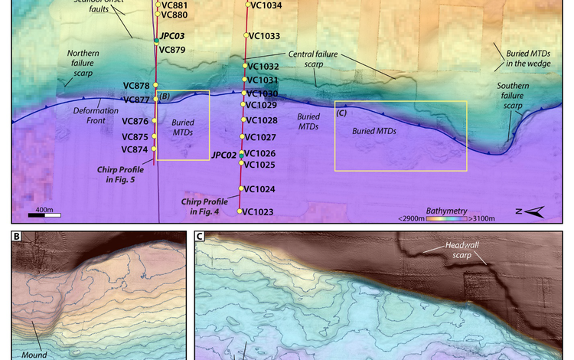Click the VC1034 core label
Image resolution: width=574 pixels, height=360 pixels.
(x=266, y=5)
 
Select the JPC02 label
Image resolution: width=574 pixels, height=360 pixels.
(x=224, y=155)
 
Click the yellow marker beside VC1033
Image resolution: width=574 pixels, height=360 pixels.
(x=246, y=35)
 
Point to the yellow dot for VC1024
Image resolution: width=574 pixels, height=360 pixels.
(x=241, y=188)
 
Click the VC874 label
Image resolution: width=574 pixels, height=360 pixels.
(x=135, y=149)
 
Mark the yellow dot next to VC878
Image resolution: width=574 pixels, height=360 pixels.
(x=155, y=85)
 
